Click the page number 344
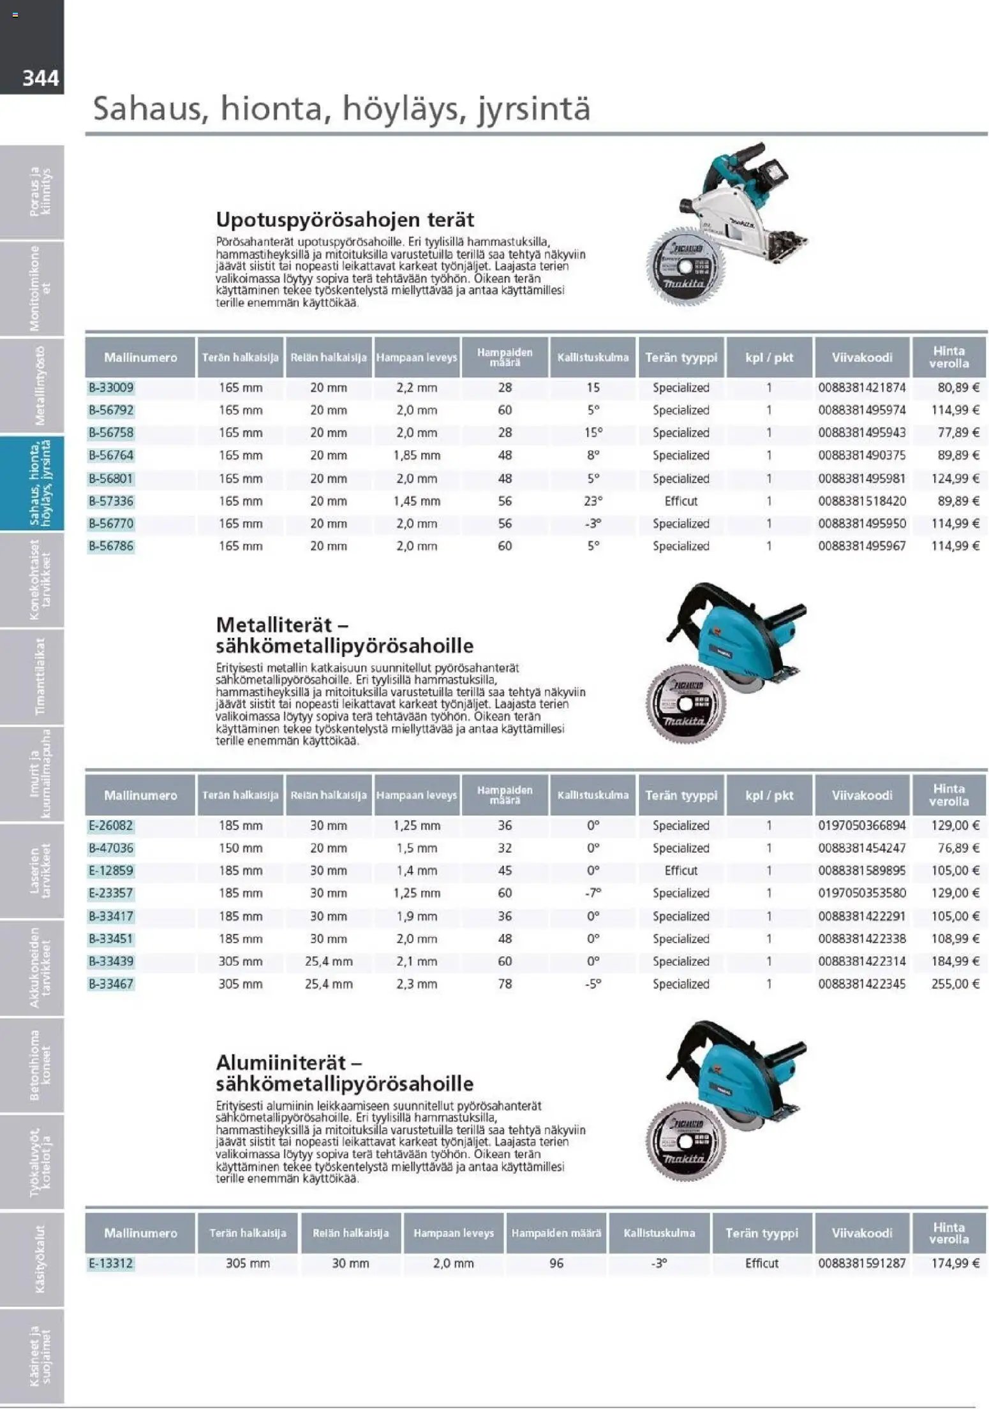tap(40, 78)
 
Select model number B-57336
tap(111, 501)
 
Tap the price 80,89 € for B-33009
tap(955, 387)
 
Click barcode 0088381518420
tap(861, 501)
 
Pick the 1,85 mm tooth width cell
tap(417, 455)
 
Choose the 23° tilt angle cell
tap(593, 501)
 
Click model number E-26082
tap(111, 825)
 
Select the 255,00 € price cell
tap(955, 984)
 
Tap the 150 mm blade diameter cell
tap(241, 848)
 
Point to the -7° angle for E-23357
tap(593, 893)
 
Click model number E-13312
tap(111, 1263)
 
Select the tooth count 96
tap(556, 1263)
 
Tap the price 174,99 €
tap(955, 1263)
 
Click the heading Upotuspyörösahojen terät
tap(345, 219)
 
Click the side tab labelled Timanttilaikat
tap(40, 677)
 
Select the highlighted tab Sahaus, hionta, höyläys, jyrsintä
tap(40, 484)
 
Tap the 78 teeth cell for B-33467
tap(505, 984)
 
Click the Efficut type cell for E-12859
tap(681, 871)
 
